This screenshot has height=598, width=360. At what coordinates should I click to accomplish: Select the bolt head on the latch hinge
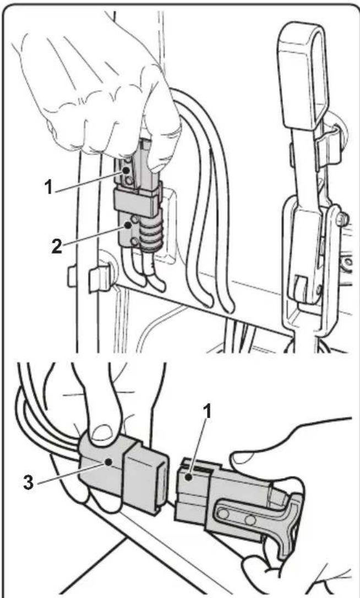click(341, 220)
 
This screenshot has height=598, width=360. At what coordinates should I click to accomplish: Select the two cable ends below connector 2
click(143, 275)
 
